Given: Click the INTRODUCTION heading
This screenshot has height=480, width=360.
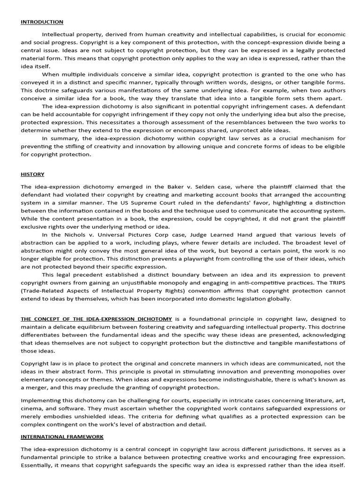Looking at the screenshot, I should coord(42,22).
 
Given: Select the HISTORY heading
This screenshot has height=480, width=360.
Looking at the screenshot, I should coord(32,174).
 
